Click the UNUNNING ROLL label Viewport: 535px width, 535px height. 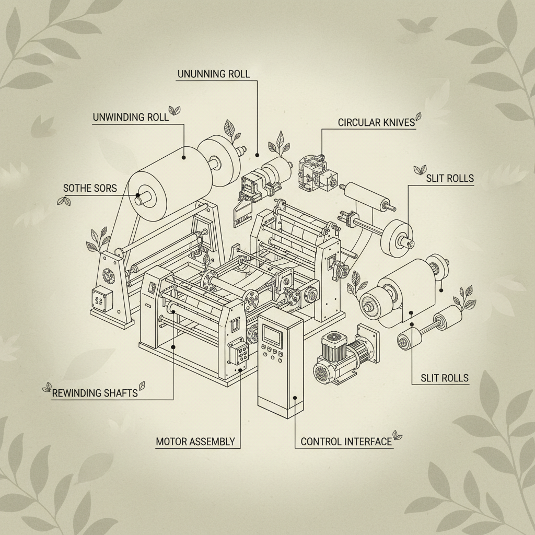pyautogui.click(x=214, y=74)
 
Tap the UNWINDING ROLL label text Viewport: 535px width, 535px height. pyautogui.click(x=131, y=118)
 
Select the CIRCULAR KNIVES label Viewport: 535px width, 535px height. pyautogui.click(x=376, y=122)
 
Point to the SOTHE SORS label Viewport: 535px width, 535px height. pyautogui.click(x=90, y=188)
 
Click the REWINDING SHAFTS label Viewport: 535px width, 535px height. pyautogui.click(x=95, y=393)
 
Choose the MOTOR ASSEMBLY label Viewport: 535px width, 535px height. pyautogui.click(x=195, y=441)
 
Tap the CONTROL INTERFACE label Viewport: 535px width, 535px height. pyautogui.click(x=346, y=441)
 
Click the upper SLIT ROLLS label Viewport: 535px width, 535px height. pyautogui.click(x=450, y=178)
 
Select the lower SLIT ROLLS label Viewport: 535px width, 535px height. pyautogui.click(x=445, y=378)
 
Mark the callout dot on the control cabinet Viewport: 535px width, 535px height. pyautogui.click(x=295, y=398)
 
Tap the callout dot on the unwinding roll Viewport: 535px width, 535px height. pyautogui.click(x=183, y=158)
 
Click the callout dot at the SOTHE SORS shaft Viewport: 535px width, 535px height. pyautogui.click(x=137, y=195)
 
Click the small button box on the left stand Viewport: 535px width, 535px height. pyautogui.click(x=102, y=299)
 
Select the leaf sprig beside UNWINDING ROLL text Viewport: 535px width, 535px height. pyautogui.click(x=175, y=110)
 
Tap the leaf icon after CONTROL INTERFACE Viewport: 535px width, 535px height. pyautogui.click(x=397, y=435)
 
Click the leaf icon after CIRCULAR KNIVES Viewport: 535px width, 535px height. pyautogui.click(x=418, y=117)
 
